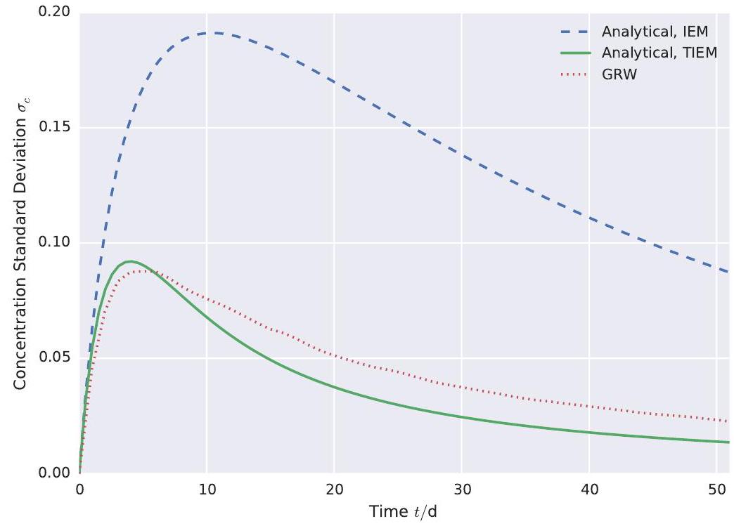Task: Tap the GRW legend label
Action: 619,74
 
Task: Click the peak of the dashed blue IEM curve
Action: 214,33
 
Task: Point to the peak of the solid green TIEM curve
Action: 130,261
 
